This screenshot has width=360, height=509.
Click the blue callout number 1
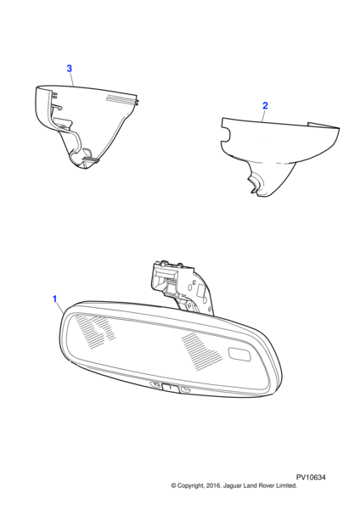(55, 299)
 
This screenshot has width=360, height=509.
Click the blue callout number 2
(265, 105)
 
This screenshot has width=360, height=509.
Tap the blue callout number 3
(70, 69)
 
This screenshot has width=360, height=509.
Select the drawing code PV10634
(311, 477)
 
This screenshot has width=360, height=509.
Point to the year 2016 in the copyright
(214, 485)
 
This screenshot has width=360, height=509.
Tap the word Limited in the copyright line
(286, 485)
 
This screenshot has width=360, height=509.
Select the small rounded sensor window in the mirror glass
(239, 354)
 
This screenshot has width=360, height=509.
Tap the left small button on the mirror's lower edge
(155, 384)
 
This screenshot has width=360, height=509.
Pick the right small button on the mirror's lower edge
(186, 389)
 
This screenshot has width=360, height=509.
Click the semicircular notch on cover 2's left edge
(226, 134)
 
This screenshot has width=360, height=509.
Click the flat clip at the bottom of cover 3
(91, 159)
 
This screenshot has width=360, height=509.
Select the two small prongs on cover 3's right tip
(137, 101)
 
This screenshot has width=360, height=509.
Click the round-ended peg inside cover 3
(57, 106)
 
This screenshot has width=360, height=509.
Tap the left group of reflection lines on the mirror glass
(94, 332)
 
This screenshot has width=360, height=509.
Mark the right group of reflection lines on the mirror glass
(201, 351)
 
